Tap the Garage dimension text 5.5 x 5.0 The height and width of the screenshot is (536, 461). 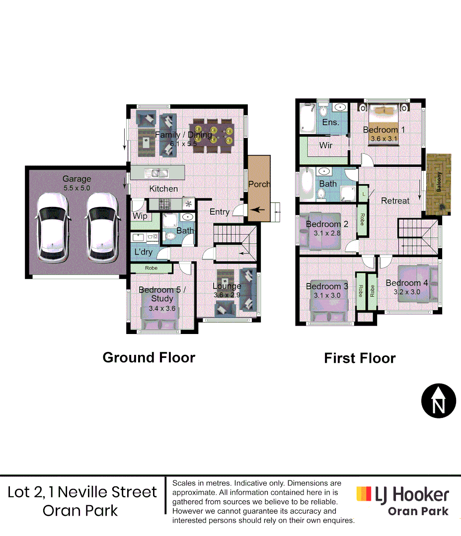click(x=77, y=188)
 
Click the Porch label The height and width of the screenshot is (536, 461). click(x=259, y=184)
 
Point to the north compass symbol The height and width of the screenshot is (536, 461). click(x=439, y=401)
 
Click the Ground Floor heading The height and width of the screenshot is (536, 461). click(x=149, y=357)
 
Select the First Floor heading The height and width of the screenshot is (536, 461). click(x=360, y=358)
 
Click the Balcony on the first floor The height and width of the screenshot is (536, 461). click(x=439, y=184)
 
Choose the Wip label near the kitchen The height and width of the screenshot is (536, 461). click(x=140, y=216)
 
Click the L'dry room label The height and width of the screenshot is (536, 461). click(x=144, y=252)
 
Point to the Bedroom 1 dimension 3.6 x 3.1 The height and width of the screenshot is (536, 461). click(x=384, y=139)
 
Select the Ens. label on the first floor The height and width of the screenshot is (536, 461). click(x=330, y=122)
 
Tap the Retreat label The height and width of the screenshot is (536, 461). click(x=395, y=201)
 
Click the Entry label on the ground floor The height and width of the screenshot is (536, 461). click(x=220, y=212)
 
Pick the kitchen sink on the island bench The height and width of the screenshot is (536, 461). click(x=156, y=173)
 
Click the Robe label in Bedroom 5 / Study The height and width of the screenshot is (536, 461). click(x=152, y=268)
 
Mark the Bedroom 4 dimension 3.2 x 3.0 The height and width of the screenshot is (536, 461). click(x=407, y=292)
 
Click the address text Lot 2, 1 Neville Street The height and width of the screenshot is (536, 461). click(x=82, y=492)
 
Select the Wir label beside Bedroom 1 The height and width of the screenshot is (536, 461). click(x=326, y=145)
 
